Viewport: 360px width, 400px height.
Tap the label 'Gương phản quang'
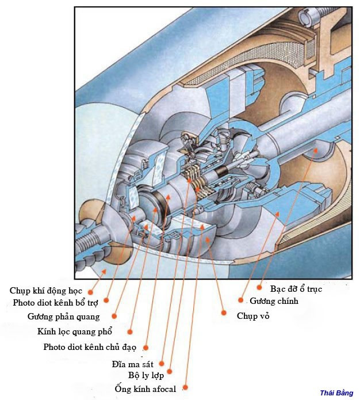(x=63, y=317)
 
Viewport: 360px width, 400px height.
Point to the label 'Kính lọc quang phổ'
(x=75, y=332)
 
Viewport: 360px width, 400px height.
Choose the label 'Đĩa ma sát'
(x=135, y=364)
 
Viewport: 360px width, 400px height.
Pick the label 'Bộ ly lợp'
(x=146, y=375)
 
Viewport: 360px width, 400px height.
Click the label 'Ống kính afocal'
(x=145, y=390)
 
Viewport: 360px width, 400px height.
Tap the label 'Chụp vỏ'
(x=253, y=316)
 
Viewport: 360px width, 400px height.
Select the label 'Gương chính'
(x=274, y=301)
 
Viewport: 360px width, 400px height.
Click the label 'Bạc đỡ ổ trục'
(x=296, y=288)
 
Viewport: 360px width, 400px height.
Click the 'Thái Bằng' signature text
(x=336, y=393)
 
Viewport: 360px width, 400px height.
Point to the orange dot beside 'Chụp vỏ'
(x=224, y=313)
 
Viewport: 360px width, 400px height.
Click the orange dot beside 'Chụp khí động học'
(x=90, y=292)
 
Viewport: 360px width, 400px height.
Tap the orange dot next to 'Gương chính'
(x=240, y=300)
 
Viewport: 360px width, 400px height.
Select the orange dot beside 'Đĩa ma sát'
(x=162, y=363)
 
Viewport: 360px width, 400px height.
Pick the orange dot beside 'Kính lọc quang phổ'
(x=130, y=332)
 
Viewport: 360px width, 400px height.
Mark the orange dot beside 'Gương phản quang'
(x=114, y=315)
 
